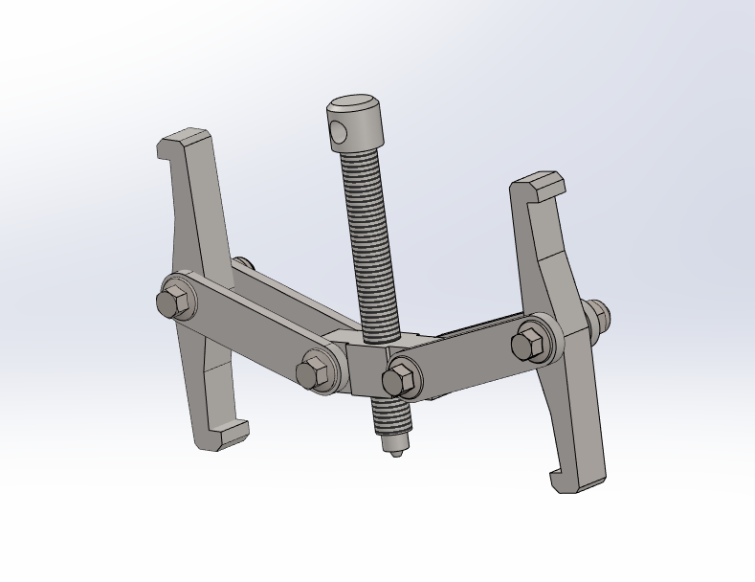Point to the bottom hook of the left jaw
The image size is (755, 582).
[226, 436]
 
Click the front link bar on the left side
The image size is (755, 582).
[249, 329]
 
